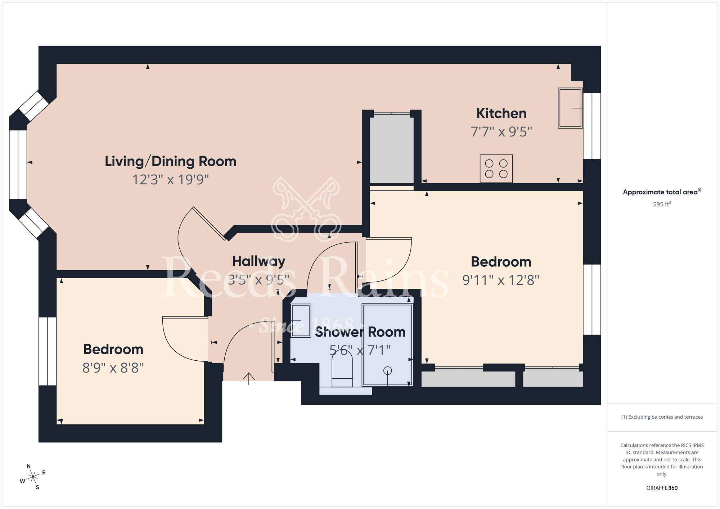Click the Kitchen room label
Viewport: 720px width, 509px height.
tap(501, 113)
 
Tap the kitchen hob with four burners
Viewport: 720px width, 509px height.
tap(496, 168)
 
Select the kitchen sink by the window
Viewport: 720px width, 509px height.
tap(570, 108)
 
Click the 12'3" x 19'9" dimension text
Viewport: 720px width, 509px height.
tap(170, 179)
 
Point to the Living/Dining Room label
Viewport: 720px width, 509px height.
tap(170, 161)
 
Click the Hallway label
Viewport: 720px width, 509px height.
tap(258, 261)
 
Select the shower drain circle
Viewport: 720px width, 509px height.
tap(387, 370)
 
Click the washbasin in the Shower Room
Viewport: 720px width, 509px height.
tap(301, 320)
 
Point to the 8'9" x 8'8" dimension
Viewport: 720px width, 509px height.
tap(113, 368)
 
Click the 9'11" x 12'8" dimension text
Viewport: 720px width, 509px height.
tap(501, 280)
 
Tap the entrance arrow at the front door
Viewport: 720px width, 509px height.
tap(249, 378)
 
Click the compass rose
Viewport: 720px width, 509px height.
tap(33, 477)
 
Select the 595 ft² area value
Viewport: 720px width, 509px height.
tap(662, 204)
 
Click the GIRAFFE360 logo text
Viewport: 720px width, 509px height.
tap(662, 488)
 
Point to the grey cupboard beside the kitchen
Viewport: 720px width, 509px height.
tap(392, 148)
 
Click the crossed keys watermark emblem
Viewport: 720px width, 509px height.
tap(306, 209)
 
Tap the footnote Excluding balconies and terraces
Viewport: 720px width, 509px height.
tap(662, 417)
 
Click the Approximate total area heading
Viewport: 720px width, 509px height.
tap(662, 192)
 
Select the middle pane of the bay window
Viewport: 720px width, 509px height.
tap(18, 165)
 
